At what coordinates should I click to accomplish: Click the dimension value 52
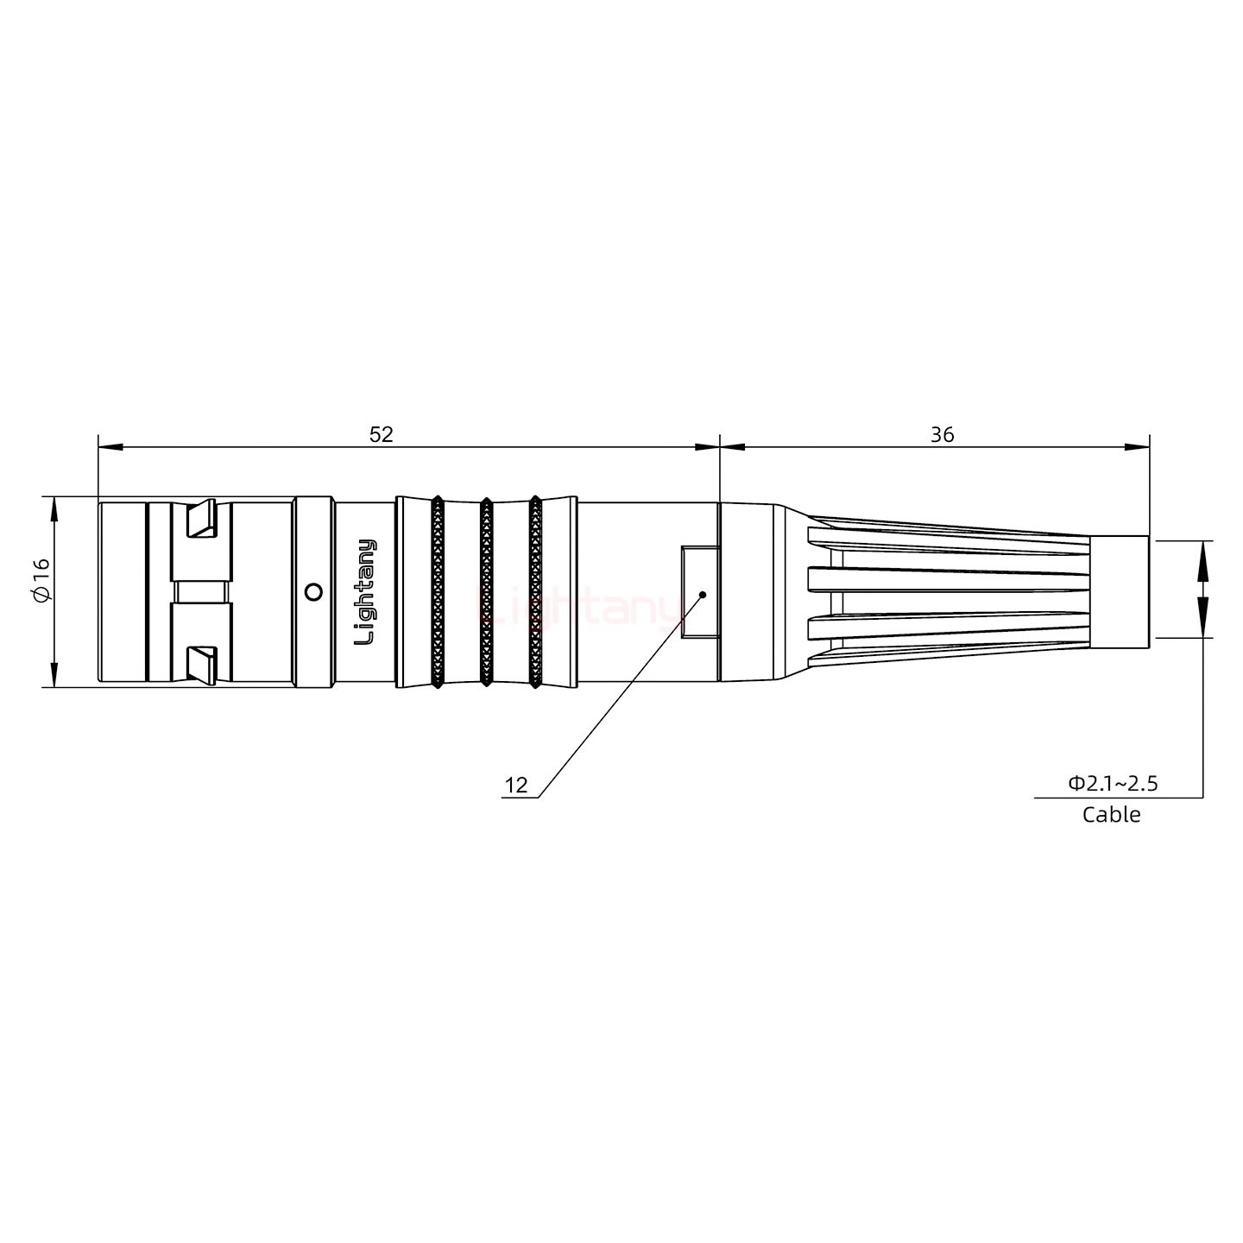tap(381, 434)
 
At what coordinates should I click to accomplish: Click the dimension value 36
tap(942, 434)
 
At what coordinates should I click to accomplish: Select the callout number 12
tap(515, 786)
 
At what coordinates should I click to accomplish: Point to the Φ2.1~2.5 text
tap(1113, 784)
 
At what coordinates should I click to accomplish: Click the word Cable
tap(1111, 815)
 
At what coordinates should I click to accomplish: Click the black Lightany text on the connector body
tap(366, 592)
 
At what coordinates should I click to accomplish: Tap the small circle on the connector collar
tap(314, 592)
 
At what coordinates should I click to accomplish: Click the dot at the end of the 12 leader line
tap(703, 594)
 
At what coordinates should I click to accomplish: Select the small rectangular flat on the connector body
tap(699, 592)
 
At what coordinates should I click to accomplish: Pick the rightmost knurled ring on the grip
tap(535, 592)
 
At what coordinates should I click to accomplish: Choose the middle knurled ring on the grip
tap(486, 592)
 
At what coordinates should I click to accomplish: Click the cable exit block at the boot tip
tap(1119, 592)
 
